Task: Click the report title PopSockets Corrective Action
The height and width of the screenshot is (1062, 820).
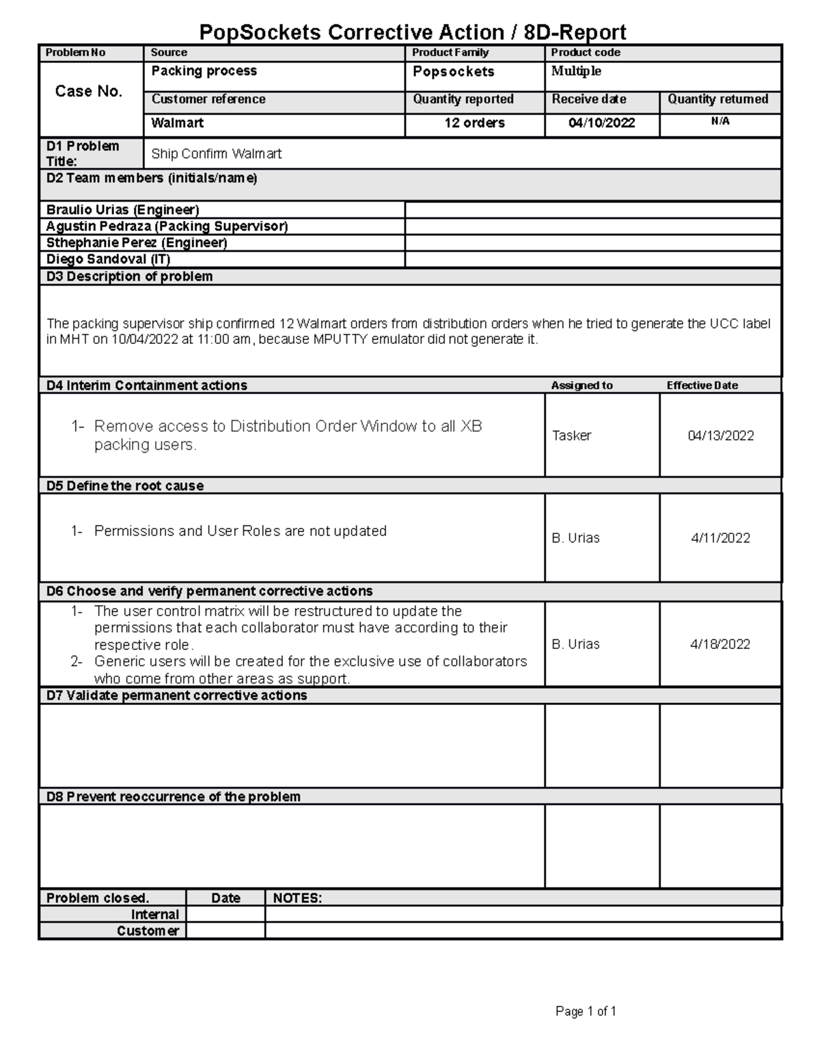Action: pyautogui.click(x=412, y=32)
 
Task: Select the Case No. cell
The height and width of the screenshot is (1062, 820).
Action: pyautogui.click(x=89, y=92)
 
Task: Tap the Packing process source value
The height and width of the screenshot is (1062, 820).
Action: pyautogui.click(x=204, y=71)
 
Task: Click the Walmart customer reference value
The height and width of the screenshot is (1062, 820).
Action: pyautogui.click(x=177, y=123)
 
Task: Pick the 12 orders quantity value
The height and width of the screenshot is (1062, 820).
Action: pyautogui.click(x=474, y=123)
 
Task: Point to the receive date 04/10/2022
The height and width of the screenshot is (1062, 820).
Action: pyautogui.click(x=601, y=123)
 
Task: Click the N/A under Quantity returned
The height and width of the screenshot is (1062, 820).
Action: pyautogui.click(x=720, y=122)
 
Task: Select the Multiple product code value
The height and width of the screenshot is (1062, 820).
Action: pyautogui.click(x=576, y=71)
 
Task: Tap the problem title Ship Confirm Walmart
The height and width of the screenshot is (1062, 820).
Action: pyautogui.click(x=216, y=154)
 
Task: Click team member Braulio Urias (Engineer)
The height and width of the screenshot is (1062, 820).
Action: pyautogui.click(x=123, y=210)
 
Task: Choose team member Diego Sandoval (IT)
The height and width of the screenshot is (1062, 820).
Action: pyautogui.click(x=108, y=259)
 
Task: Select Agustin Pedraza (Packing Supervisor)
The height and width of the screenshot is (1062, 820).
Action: pyautogui.click(x=167, y=226)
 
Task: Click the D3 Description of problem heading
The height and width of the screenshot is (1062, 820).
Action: pyautogui.click(x=129, y=276)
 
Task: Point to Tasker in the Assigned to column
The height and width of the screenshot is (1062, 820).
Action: pyautogui.click(x=571, y=436)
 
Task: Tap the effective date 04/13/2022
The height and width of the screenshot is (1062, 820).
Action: pyautogui.click(x=720, y=436)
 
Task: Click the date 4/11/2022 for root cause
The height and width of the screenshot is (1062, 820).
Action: pyautogui.click(x=720, y=538)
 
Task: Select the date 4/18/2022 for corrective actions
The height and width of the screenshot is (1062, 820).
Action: pyautogui.click(x=720, y=644)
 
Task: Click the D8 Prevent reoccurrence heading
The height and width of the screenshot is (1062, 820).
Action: pyautogui.click(x=173, y=797)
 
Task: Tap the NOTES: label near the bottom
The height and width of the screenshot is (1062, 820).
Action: pyautogui.click(x=297, y=899)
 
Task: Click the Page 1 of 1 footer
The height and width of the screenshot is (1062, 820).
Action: pyautogui.click(x=586, y=1011)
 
